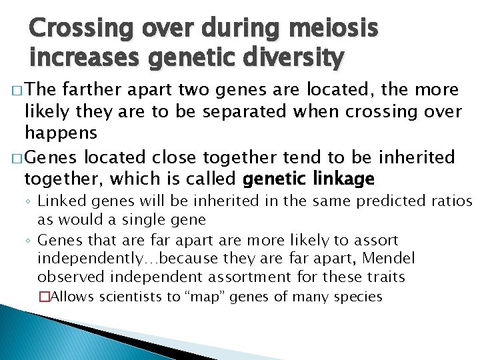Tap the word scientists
136,297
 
